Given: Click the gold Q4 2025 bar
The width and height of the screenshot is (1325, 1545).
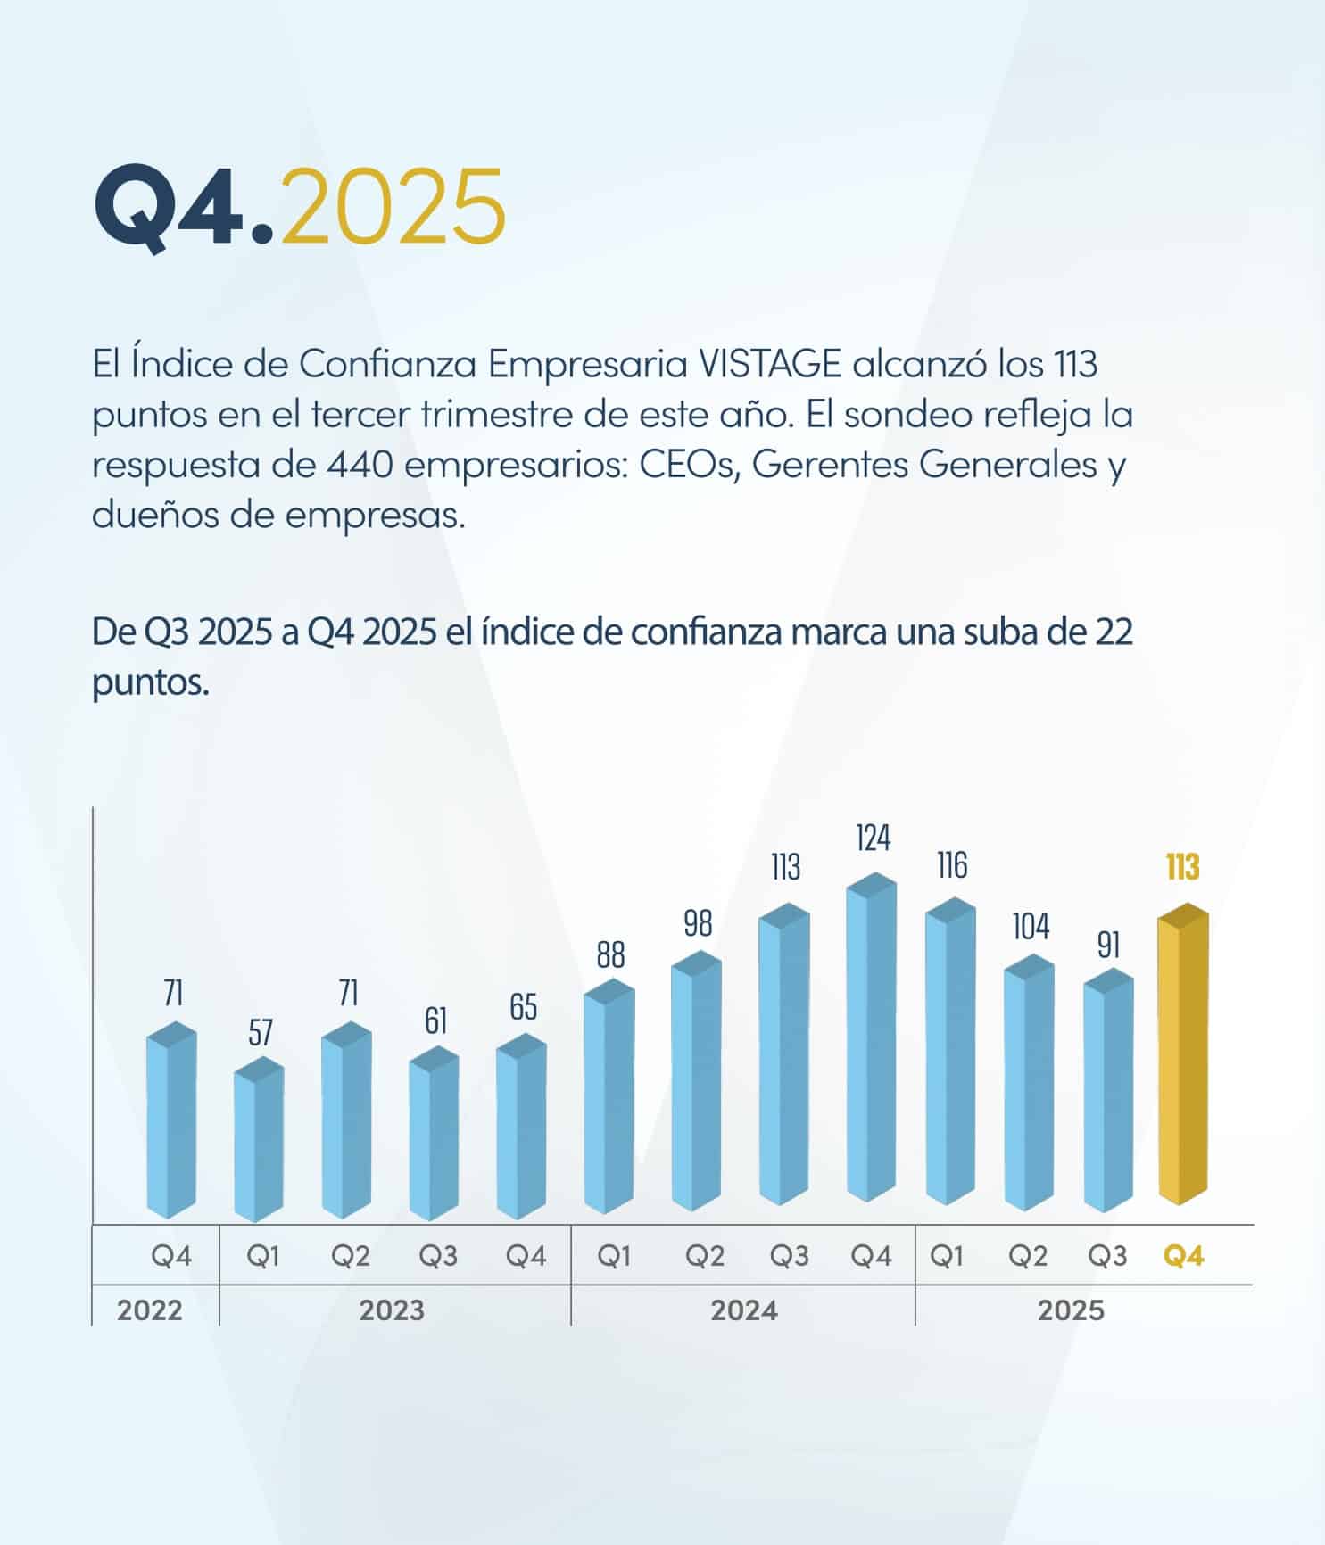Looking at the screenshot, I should tap(1183, 1057).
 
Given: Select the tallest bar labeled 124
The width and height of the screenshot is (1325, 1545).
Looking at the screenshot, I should tap(872, 1039).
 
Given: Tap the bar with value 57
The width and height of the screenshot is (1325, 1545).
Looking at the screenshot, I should tap(260, 1142).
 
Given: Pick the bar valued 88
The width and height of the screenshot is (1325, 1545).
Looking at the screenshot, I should tap(609, 1097).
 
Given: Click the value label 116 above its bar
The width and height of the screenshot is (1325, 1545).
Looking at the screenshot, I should tap(952, 865).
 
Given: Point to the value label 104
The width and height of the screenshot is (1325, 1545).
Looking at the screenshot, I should tap(1031, 927).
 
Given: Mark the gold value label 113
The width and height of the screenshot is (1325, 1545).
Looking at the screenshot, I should tap(1182, 867).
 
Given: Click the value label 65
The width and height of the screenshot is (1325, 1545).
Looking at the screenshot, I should tap(524, 1007).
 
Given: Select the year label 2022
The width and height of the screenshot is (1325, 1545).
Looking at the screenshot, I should tap(150, 1310).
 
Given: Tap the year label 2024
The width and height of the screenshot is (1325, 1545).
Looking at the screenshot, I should tap(744, 1310).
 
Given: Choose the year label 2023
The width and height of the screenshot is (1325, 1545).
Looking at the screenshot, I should tap(392, 1310).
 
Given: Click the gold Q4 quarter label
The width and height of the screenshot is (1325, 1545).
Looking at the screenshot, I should tap(1184, 1256).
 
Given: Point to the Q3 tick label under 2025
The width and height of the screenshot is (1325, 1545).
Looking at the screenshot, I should tap(1107, 1256).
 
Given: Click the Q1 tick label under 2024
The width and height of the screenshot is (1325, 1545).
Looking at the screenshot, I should tap(614, 1256).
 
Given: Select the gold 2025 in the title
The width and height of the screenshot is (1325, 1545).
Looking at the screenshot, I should tap(393, 206).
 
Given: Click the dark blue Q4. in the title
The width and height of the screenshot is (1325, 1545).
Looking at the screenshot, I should tap(184, 206).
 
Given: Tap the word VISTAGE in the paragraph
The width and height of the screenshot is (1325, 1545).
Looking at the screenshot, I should tap(769, 364).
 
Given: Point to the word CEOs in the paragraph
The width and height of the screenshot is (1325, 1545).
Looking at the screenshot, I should tap(690, 465).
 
